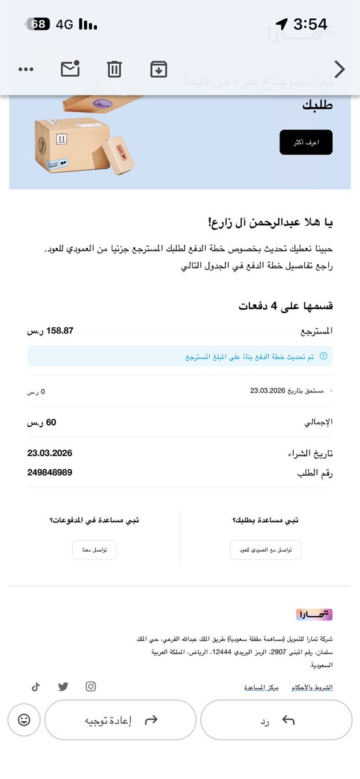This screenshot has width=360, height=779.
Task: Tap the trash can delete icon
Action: tap(114, 69)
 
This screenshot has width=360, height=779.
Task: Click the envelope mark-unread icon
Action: tap(70, 69)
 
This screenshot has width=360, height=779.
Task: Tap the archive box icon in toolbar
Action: tap(159, 69)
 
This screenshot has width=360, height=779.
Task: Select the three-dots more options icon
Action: tap(26, 70)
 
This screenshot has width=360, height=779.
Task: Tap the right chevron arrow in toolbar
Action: tap(339, 69)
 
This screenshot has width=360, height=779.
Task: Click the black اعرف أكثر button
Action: tap(306, 142)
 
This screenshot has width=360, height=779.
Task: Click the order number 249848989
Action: tap(49, 472)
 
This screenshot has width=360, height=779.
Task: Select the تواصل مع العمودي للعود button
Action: tap(266, 550)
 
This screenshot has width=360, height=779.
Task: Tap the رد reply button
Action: tap(276, 720)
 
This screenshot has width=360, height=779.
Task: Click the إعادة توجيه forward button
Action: tap(120, 720)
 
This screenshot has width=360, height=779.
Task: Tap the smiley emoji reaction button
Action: tap(24, 720)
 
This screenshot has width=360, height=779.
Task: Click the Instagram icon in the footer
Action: tap(91, 687)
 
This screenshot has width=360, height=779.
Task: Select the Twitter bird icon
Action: tap(63, 687)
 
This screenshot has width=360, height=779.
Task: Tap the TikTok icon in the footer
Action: tap(36, 687)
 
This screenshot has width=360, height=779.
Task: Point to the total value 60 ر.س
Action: tap(42, 422)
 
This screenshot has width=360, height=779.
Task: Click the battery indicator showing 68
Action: tap(38, 25)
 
